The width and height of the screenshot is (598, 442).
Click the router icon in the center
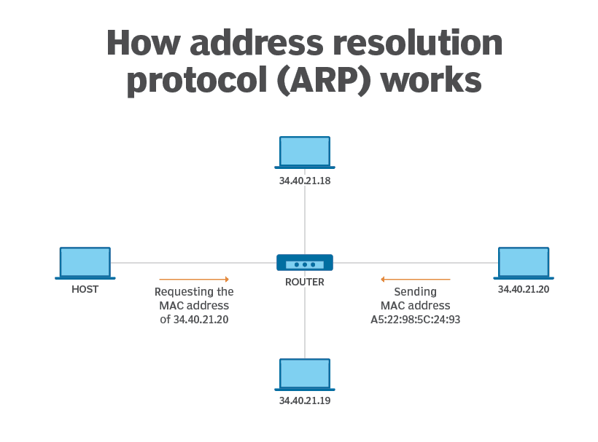[305, 263]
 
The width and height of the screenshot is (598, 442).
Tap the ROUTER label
[305, 282]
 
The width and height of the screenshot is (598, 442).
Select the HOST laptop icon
[85, 264]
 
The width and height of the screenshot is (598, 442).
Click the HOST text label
[85, 289]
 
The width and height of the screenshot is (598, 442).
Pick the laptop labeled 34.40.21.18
[305, 152]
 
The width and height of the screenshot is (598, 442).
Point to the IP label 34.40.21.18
[305, 181]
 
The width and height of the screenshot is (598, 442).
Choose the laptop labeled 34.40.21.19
[305, 374]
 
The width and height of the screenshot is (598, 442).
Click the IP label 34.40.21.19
[305, 400]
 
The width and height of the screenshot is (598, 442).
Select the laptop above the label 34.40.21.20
[524, 264]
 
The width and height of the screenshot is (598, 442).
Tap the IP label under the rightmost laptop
[524, 289]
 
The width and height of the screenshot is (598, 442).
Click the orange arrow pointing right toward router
[194, 280]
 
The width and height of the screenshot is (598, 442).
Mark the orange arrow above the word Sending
[416, 280]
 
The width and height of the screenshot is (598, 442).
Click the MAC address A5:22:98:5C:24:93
[416, 320]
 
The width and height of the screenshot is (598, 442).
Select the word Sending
[416, 292]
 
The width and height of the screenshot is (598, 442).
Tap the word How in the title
[143, 43]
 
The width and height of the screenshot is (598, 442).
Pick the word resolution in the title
[418, 43]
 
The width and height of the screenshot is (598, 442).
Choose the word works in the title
[431, 79]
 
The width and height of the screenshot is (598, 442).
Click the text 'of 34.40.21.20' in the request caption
[194, 320]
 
